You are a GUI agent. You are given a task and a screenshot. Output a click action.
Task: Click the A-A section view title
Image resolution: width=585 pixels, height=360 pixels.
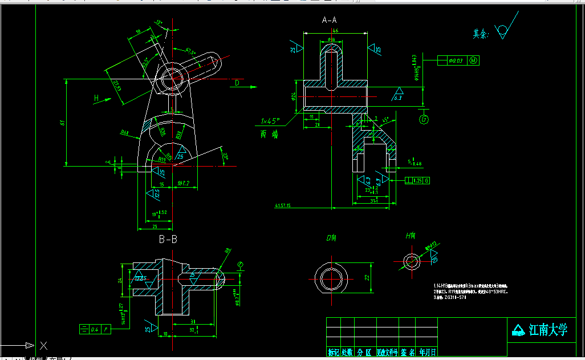tap(330, 20)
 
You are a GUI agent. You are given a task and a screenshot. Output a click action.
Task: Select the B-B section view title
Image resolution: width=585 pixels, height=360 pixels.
tap(168, 239)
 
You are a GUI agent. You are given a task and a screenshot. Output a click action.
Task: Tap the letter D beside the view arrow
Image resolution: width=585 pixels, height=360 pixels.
tap(237, 83)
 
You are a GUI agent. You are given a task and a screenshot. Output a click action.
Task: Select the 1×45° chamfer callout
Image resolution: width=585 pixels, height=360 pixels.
tap(270, 121)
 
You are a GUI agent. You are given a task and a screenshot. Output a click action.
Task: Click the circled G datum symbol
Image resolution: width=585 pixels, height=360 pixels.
tap(423, 119)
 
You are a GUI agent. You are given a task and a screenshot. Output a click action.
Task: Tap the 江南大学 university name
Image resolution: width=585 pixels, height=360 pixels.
tap(547, 330)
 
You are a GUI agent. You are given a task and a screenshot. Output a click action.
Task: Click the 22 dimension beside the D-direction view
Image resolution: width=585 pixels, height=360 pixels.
tap(367, 278)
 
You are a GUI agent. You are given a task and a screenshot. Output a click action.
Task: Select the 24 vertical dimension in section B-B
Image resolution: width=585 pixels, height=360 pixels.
tap(120, 280)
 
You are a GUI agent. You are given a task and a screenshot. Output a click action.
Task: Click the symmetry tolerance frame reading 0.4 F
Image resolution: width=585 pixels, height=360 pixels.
tap(95, 329)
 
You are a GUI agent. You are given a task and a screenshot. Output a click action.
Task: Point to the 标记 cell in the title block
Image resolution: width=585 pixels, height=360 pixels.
tap(333, 352)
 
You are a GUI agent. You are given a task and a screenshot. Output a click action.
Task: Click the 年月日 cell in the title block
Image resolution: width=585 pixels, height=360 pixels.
tap(428, 352)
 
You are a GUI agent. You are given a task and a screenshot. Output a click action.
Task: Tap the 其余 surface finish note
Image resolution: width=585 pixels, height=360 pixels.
tap(481, 34)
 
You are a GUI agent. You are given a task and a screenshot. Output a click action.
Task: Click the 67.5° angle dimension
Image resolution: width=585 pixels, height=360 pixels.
tap(190, 53)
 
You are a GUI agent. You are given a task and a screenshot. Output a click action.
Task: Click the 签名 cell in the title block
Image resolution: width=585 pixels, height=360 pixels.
tap(407, 352)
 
